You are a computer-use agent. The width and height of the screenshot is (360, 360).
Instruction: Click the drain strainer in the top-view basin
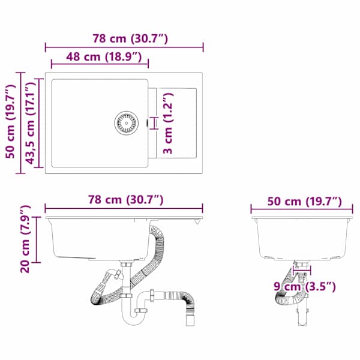[x=126, y=123]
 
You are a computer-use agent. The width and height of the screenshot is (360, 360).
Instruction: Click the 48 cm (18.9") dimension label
[x=104, y=57]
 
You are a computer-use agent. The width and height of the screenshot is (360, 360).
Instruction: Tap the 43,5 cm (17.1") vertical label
[x=31, y=123]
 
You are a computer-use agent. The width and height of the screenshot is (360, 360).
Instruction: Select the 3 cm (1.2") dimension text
[x=168, y=123]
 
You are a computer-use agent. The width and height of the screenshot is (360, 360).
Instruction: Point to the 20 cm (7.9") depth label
[x=25, y=239]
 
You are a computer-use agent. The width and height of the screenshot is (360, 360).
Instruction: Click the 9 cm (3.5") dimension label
[x=305, y=287]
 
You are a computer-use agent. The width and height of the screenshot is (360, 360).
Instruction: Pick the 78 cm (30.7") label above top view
[x=130, y=38]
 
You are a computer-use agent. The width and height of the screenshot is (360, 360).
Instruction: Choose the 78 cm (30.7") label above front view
[x=126, y=200]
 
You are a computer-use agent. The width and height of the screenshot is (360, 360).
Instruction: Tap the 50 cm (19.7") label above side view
[x=305, y=202]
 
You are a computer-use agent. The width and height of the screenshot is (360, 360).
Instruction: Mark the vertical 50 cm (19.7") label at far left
[x=11, y=122]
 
